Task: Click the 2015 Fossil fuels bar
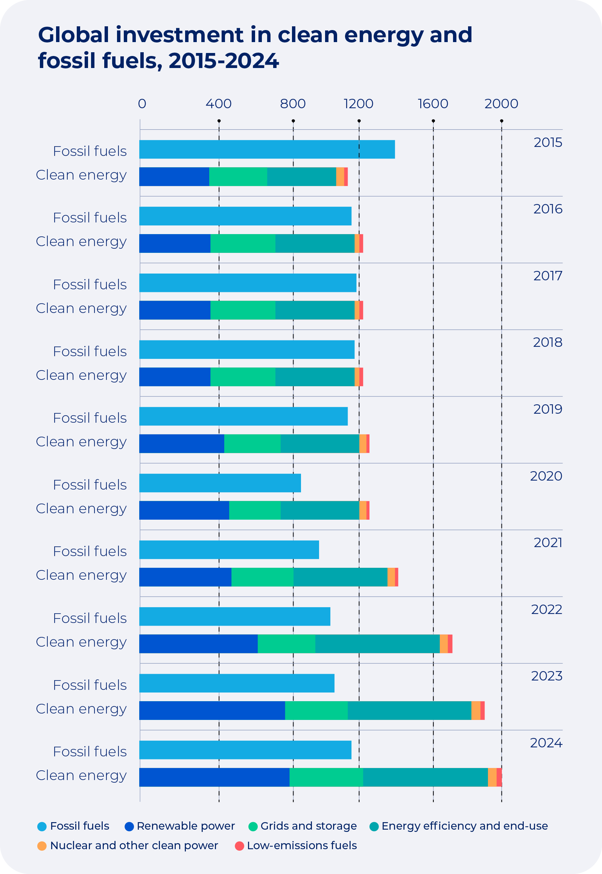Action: pyautogui.click(x=267, y=149)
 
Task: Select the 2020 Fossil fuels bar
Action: pyautogui.click(x=220, y=482)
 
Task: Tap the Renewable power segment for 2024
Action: pyautogui.click(x=214, y=777)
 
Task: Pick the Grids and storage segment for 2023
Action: pyautogui.click(x=316, y=710)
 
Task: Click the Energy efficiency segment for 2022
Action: pyautogui.click(x=377, y=643)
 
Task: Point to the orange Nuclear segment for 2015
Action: pyautogui.click(x=340, y=176)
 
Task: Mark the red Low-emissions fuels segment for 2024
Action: pyautogui.click(x=499, y=777)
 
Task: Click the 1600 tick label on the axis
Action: pyautogui.click(x=433, y=104)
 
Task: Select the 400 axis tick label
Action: pyautogui.click(x=218, y=104)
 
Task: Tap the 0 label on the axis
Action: pyautogui.click(x=142, y=104)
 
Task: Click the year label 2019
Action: pyautogui.click(x=547, y=409)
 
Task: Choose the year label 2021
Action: pyautogui.click(x=548, y=542)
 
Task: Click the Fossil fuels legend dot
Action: pyautogui.click(x=42, y=827)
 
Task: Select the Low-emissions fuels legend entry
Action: pyautogui.click(x=301, y=845)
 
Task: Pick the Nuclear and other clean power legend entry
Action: pyautogui.click(x=134, y=845)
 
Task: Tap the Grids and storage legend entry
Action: pyautogui.click(x=308, y=826)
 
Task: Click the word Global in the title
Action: pyautogui.click(x=73, y=35)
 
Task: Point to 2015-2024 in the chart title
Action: pyautogui.click(x=223, y=60)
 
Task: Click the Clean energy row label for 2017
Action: pyautogui.click(x=81, y=308)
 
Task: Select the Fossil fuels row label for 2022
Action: pyautogui.click(x=90, y=618)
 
